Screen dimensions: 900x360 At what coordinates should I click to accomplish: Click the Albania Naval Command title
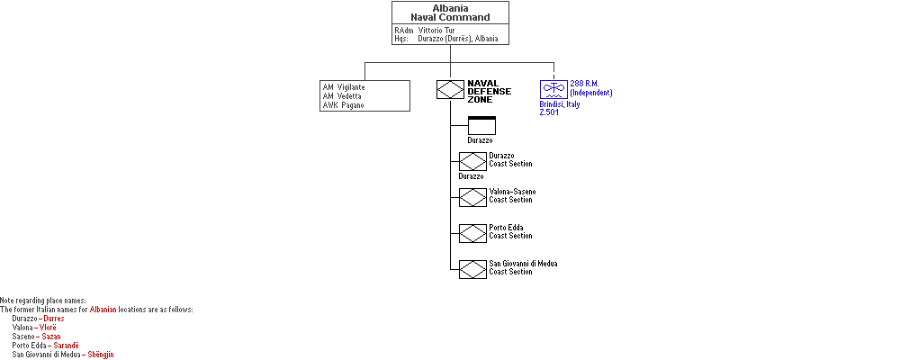450,13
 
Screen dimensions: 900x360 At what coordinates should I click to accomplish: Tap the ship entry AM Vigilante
344,87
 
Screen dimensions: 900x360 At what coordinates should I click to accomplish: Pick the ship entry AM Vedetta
342,96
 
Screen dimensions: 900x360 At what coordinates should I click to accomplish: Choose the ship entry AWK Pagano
343,105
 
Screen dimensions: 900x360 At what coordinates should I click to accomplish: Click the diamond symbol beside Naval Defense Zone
450,90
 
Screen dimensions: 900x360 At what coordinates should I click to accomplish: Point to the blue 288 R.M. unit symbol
553,89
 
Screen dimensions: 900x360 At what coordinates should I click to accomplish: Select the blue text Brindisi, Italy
560,104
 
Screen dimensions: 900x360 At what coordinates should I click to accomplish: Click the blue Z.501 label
549,112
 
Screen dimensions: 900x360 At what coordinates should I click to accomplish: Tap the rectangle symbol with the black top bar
481,125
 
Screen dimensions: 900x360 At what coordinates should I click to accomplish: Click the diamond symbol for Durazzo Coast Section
473,161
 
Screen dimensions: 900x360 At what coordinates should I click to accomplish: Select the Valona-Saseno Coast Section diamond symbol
473,197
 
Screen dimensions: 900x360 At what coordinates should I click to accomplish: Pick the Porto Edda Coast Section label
510,232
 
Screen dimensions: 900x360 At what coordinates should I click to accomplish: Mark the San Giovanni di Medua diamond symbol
473,269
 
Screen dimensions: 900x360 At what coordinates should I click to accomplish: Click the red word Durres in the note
54,319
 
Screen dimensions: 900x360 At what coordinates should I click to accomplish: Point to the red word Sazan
51,337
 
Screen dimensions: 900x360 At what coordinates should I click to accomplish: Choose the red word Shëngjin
101,355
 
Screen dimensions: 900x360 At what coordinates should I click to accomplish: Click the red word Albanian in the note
103,310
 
